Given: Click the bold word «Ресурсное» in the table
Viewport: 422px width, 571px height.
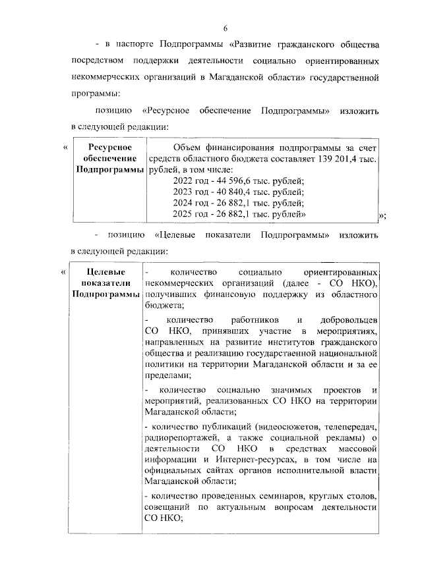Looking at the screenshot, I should (110, 147).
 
